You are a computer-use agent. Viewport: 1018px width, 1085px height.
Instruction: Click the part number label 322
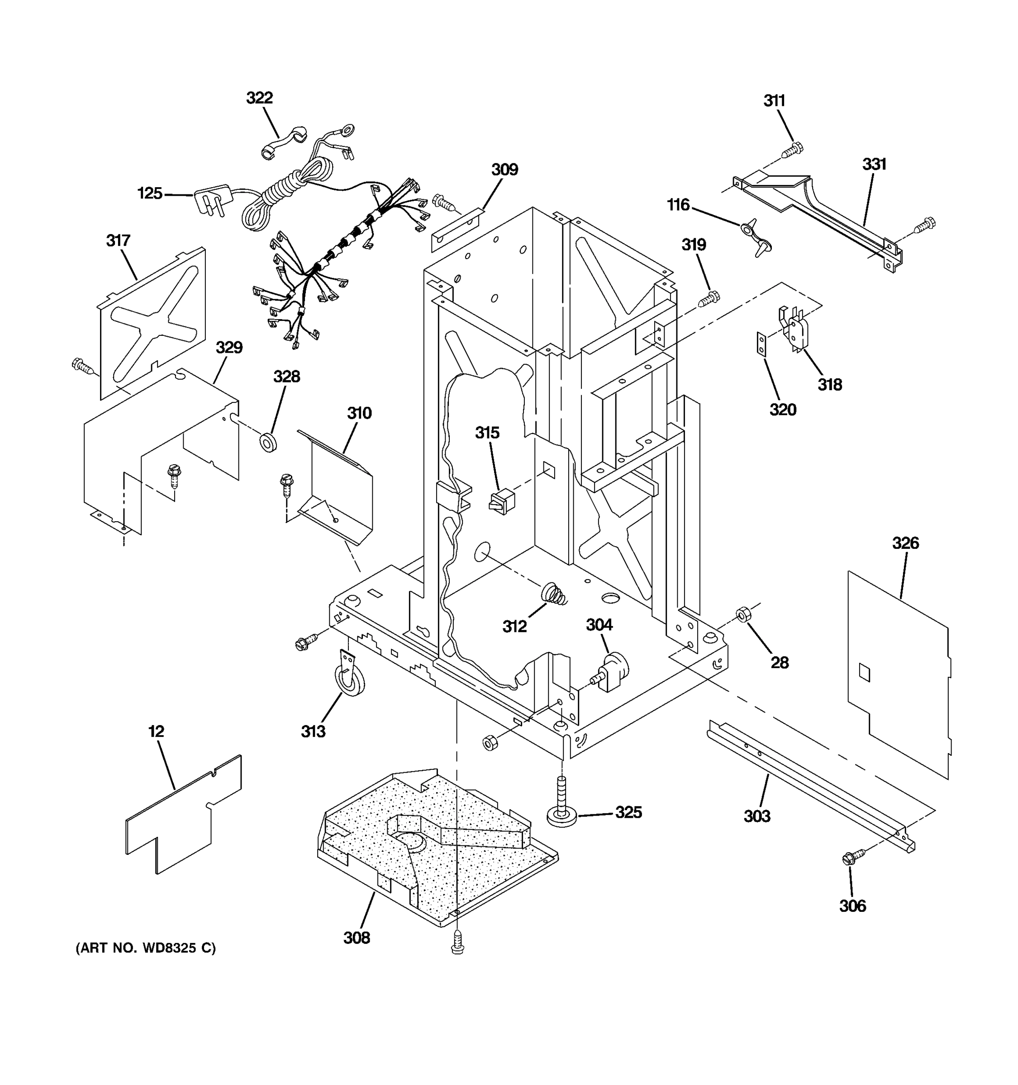click(259, 98)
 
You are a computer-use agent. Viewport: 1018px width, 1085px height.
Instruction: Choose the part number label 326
click(905, 543)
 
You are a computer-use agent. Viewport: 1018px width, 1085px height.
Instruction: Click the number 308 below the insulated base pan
click(357, 938)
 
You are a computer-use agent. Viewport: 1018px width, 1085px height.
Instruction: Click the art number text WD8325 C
click(145, 948)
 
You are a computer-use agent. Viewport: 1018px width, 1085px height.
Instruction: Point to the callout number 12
click(156, 731)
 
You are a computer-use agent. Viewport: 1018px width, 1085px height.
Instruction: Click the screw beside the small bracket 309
click(443, 203)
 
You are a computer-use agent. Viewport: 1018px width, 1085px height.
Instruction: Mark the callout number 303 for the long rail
click(757, 816)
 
